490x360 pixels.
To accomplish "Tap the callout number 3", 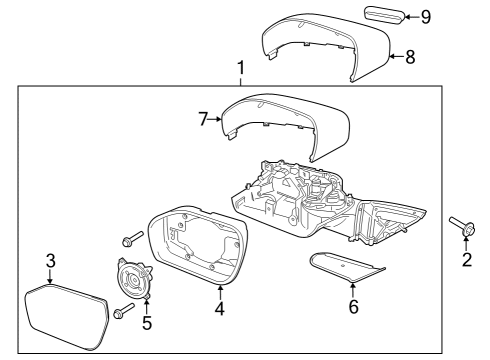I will pyautogui.click(x=49, y=262).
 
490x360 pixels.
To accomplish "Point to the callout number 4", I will pyautogui.click(x=220, y=308).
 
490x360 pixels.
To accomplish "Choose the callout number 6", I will pyautogui.click(x=352, y=307).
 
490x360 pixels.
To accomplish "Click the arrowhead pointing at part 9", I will pyautogui.click(x=411, y=17).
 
